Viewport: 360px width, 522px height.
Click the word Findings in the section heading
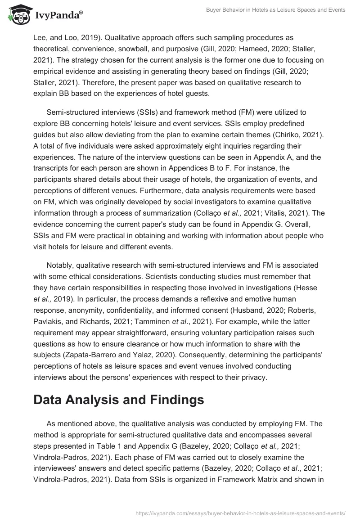coord(173,400)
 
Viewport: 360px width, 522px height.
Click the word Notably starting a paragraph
coord(61,265)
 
